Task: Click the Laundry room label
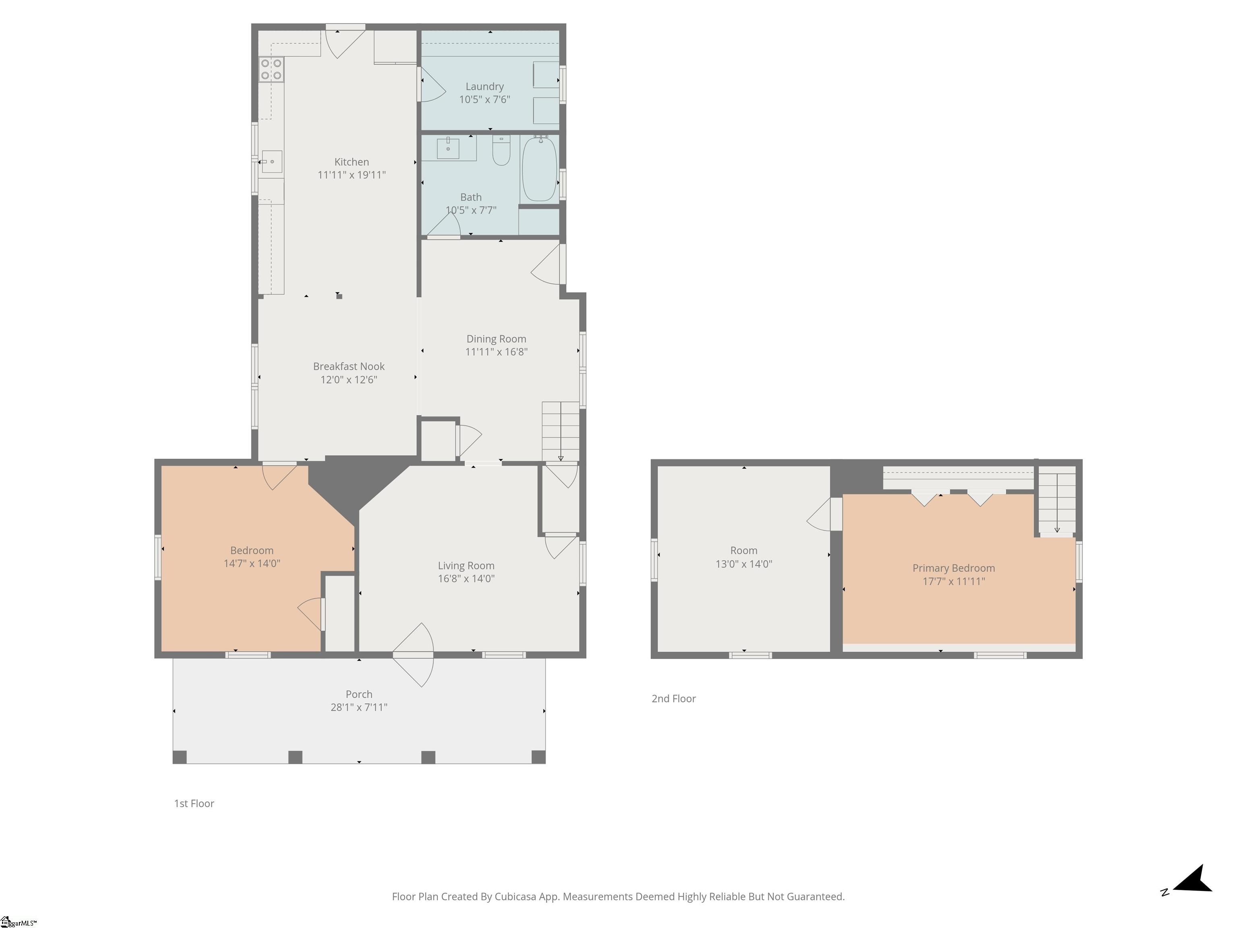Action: pos(484,87)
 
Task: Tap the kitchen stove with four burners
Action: pos(271,69)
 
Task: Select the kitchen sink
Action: pos(272,162)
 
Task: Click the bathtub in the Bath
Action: pos(539,168)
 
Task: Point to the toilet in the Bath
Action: pos(501,151)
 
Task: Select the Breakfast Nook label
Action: pos(349,367)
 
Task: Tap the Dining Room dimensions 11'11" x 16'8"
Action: pos(496,352)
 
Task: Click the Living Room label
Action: pos(466,565)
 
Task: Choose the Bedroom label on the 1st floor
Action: pos(252,551)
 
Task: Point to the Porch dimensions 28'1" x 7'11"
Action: pos(359,707)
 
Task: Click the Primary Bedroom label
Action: pos(954,568)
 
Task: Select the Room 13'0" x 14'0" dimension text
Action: pos(744,564)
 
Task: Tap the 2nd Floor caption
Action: pos(674,699)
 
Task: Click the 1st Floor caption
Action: pos(194,803)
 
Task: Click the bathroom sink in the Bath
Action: pos(448,148)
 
